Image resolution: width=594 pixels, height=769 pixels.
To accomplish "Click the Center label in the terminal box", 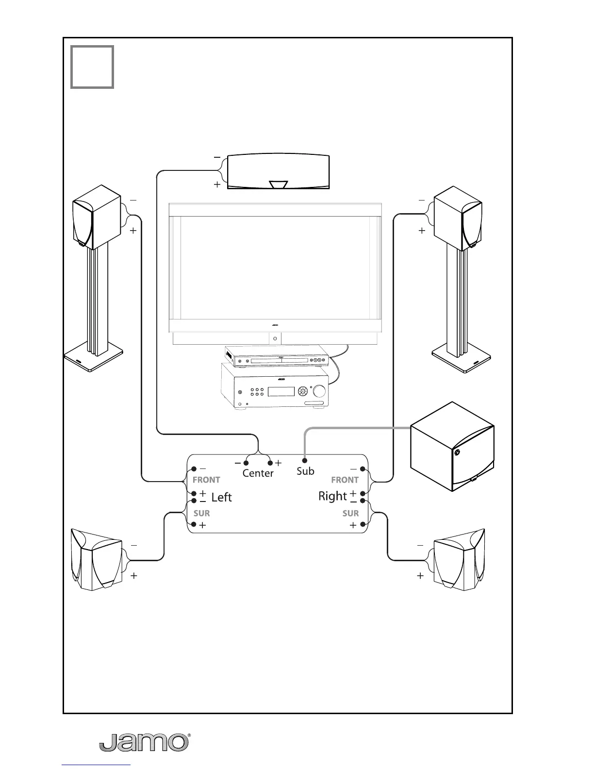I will (258, 473).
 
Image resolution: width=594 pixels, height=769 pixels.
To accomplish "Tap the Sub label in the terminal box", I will (305, 471).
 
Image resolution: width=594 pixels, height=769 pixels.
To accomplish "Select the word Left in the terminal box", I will (221, 497).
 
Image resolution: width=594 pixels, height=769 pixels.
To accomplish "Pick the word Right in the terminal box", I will (332, 496).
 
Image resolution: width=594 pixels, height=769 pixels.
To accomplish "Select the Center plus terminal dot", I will (270, 463).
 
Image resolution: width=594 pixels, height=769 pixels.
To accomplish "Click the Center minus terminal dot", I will (246, 463).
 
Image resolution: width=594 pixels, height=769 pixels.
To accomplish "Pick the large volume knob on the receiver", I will (320, 391).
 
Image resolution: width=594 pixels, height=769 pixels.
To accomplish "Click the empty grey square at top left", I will (92, 67).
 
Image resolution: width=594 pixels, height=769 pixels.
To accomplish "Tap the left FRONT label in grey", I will (206, 480).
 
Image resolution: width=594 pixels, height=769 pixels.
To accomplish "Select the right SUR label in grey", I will (350, 513).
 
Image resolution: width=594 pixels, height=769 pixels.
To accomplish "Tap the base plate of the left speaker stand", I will (93, 360).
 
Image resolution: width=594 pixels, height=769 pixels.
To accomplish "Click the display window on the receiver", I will (281, 391).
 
